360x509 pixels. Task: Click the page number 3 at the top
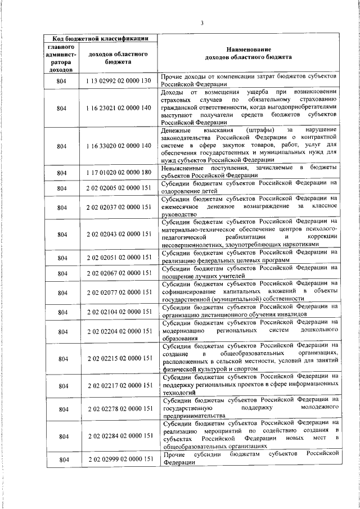pyautogui.click(x=201, y=22)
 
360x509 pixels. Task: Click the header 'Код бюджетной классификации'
pyautogui.click(x=97, y=38)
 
